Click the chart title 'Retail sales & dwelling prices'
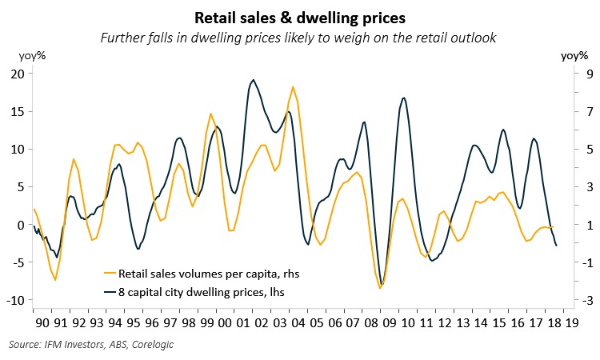click(299, 16)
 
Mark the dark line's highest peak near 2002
click(254, 79)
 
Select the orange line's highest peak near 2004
click(293, 86)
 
